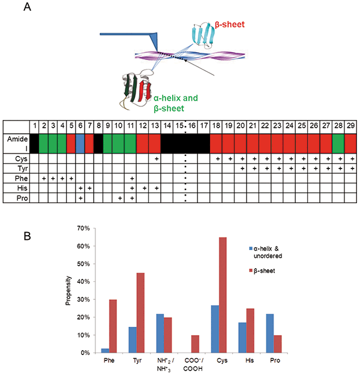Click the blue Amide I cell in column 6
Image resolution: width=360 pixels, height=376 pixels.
click(80, 143)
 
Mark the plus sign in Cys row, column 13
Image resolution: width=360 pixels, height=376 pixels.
click(155, 159)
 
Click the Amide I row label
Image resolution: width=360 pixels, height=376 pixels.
click(16, 143)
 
